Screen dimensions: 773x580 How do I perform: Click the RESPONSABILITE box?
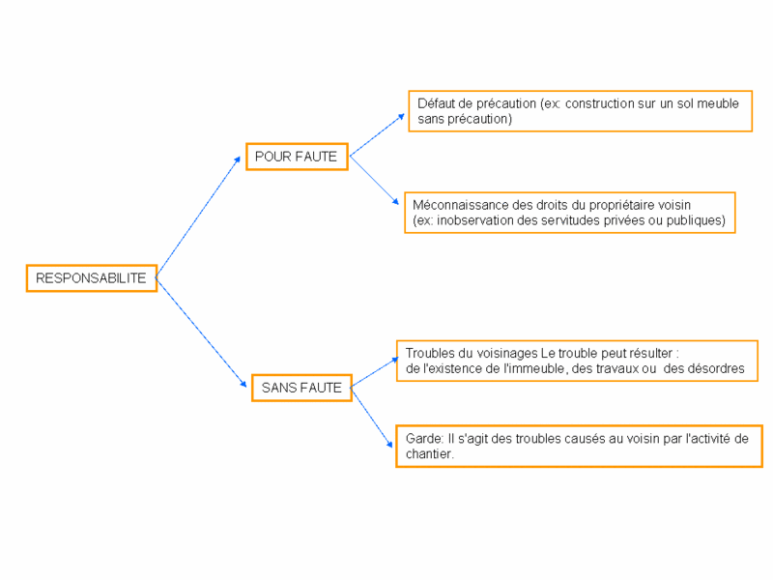(x=92, y=278)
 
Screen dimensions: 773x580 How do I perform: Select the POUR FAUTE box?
(x=297, y=157)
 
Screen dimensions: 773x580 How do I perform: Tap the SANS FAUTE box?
(x=301, y=388)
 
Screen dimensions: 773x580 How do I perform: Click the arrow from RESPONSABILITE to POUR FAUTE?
(x=198, y=217)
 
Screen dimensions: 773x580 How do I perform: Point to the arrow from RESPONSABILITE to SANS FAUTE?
(x=201, y=333)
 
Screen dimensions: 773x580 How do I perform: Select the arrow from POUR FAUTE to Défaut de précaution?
(x=377, y=135)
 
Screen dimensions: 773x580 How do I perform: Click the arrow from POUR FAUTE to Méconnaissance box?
(x=374, y=181)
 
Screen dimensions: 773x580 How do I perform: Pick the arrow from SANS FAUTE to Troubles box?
(x=375, y=372)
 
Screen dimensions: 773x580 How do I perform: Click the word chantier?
(x=429, y=453)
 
